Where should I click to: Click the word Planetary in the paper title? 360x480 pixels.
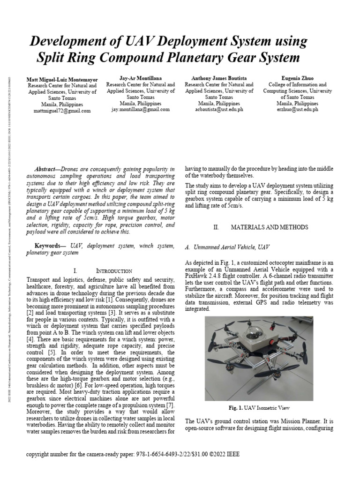tap(189, 58)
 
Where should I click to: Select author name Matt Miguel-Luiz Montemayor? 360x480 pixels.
tap(62, 79)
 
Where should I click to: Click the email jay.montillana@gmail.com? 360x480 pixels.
tap(140, 109)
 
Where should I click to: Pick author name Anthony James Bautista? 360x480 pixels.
tap(219, 78)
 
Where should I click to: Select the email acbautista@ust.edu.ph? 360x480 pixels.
tap(219, 109)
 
